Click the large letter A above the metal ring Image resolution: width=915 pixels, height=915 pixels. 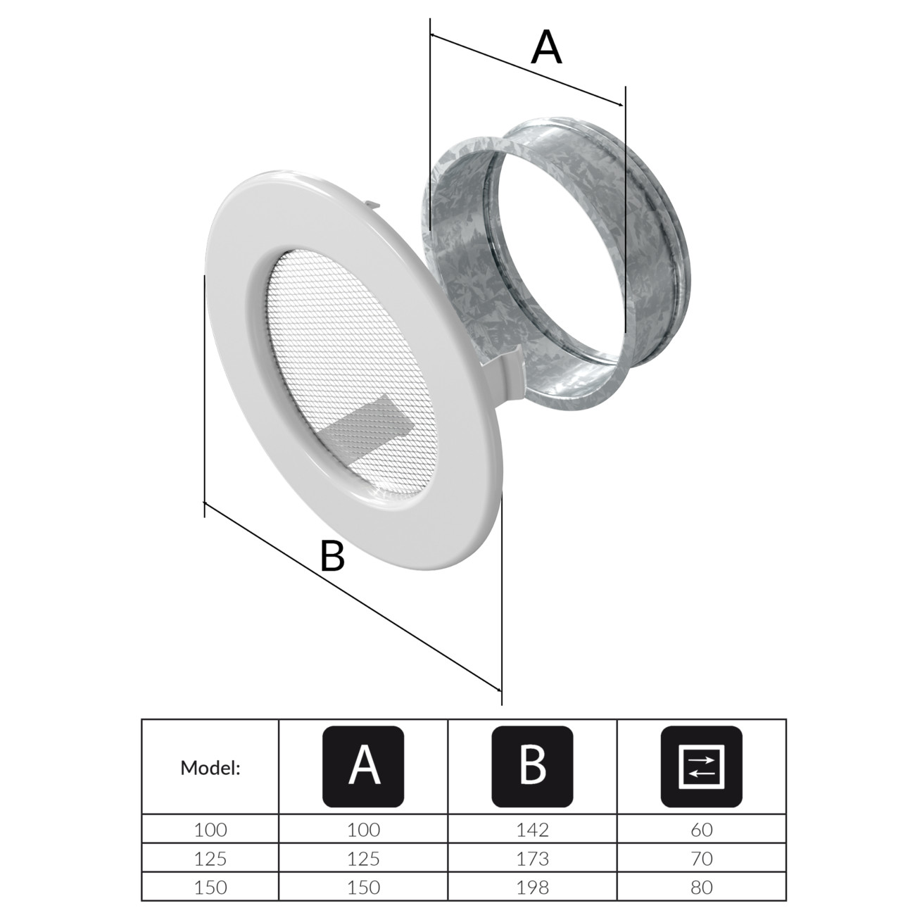click(x=546, y=47)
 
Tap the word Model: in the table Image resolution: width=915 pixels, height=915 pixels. click(x=210, y=769)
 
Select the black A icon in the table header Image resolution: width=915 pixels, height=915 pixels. click(x=363, y=767)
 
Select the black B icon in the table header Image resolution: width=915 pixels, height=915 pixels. click(x=532, y=767)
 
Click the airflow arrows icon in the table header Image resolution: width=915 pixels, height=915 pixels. click(x=701, y=767)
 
